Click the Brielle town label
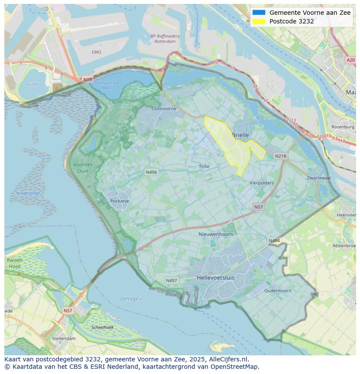pos(240,135)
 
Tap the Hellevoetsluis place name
pos(216,277)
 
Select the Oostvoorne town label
pos(163,109)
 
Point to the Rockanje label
pos(120,201)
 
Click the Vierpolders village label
pos(262,183)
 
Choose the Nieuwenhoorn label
pos(216,234)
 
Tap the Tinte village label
pos(204,166)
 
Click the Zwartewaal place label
pos(319,178)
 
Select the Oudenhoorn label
pos(278,291)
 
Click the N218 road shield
pos(281,156)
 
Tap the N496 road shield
pos(151,172)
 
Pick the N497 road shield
pos(172,281)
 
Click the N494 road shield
pos(274,241)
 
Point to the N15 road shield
pos(87,79)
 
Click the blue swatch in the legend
pos(258,13)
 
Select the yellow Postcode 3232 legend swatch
pos(258,21)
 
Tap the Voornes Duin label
pos(83,168)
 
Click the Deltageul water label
pos(131,299)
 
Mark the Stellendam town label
pos(63,338)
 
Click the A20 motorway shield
pos(350,60)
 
